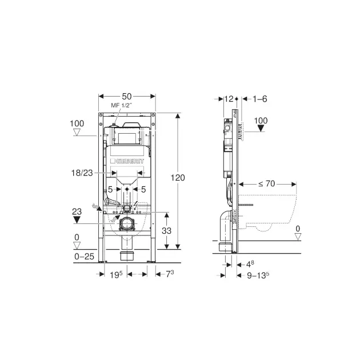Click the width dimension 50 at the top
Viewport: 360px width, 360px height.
127,97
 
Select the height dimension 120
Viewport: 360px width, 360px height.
178,178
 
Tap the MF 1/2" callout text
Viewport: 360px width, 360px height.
122,105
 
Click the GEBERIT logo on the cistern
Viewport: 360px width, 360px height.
127,161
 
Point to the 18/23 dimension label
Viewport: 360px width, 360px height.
82,173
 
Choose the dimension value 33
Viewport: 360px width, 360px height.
166,230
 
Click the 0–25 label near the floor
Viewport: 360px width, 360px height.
84,257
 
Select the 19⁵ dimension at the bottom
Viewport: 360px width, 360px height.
116,274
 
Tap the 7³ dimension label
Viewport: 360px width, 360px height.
170,274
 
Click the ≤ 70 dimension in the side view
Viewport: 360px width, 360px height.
266,183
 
